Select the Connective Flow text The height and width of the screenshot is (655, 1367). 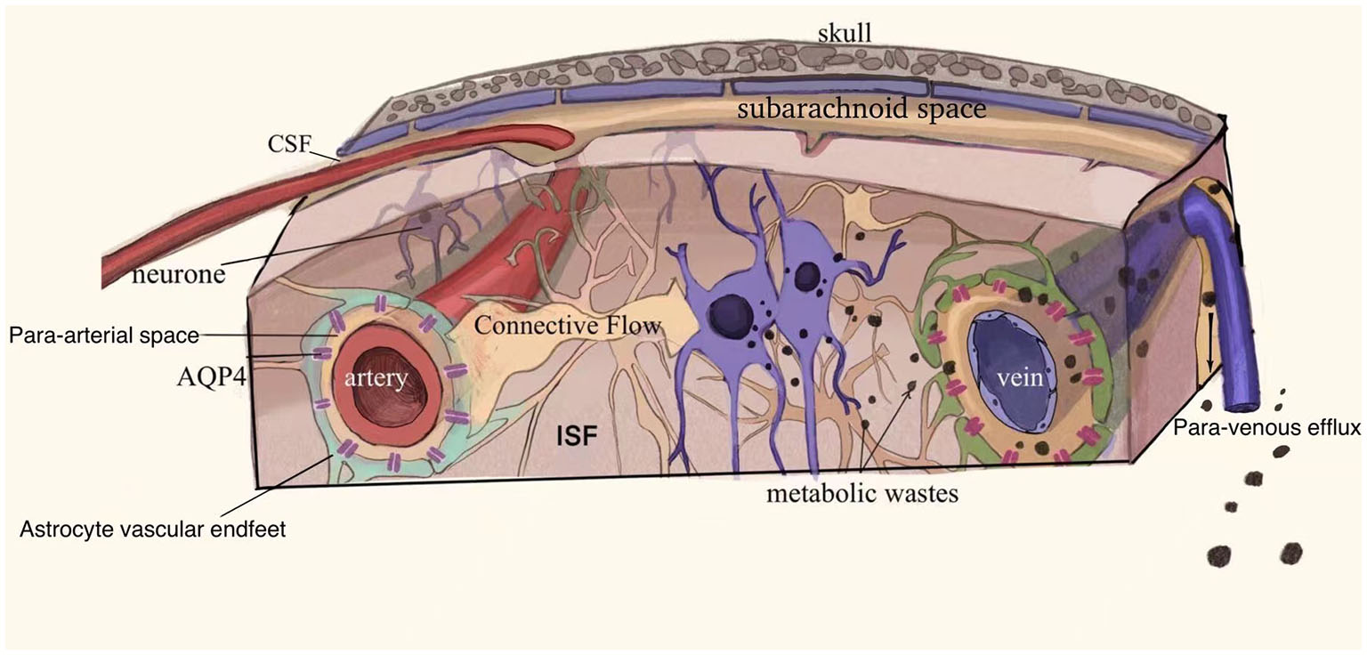pyautogui.click(x=567, y=327)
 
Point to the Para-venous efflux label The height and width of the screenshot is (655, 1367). pyautogui.click(x=1266, y=429)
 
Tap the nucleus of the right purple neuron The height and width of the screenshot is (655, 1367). pyautogui.click(x=807, y=276)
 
